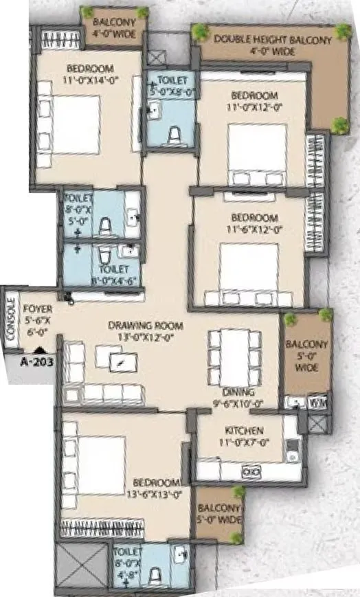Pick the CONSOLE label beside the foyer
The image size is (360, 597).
[10, 317]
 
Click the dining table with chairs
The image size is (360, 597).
[234, 357]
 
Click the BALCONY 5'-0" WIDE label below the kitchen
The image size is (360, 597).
[219, 513]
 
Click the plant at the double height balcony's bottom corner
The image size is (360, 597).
[339, 124]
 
